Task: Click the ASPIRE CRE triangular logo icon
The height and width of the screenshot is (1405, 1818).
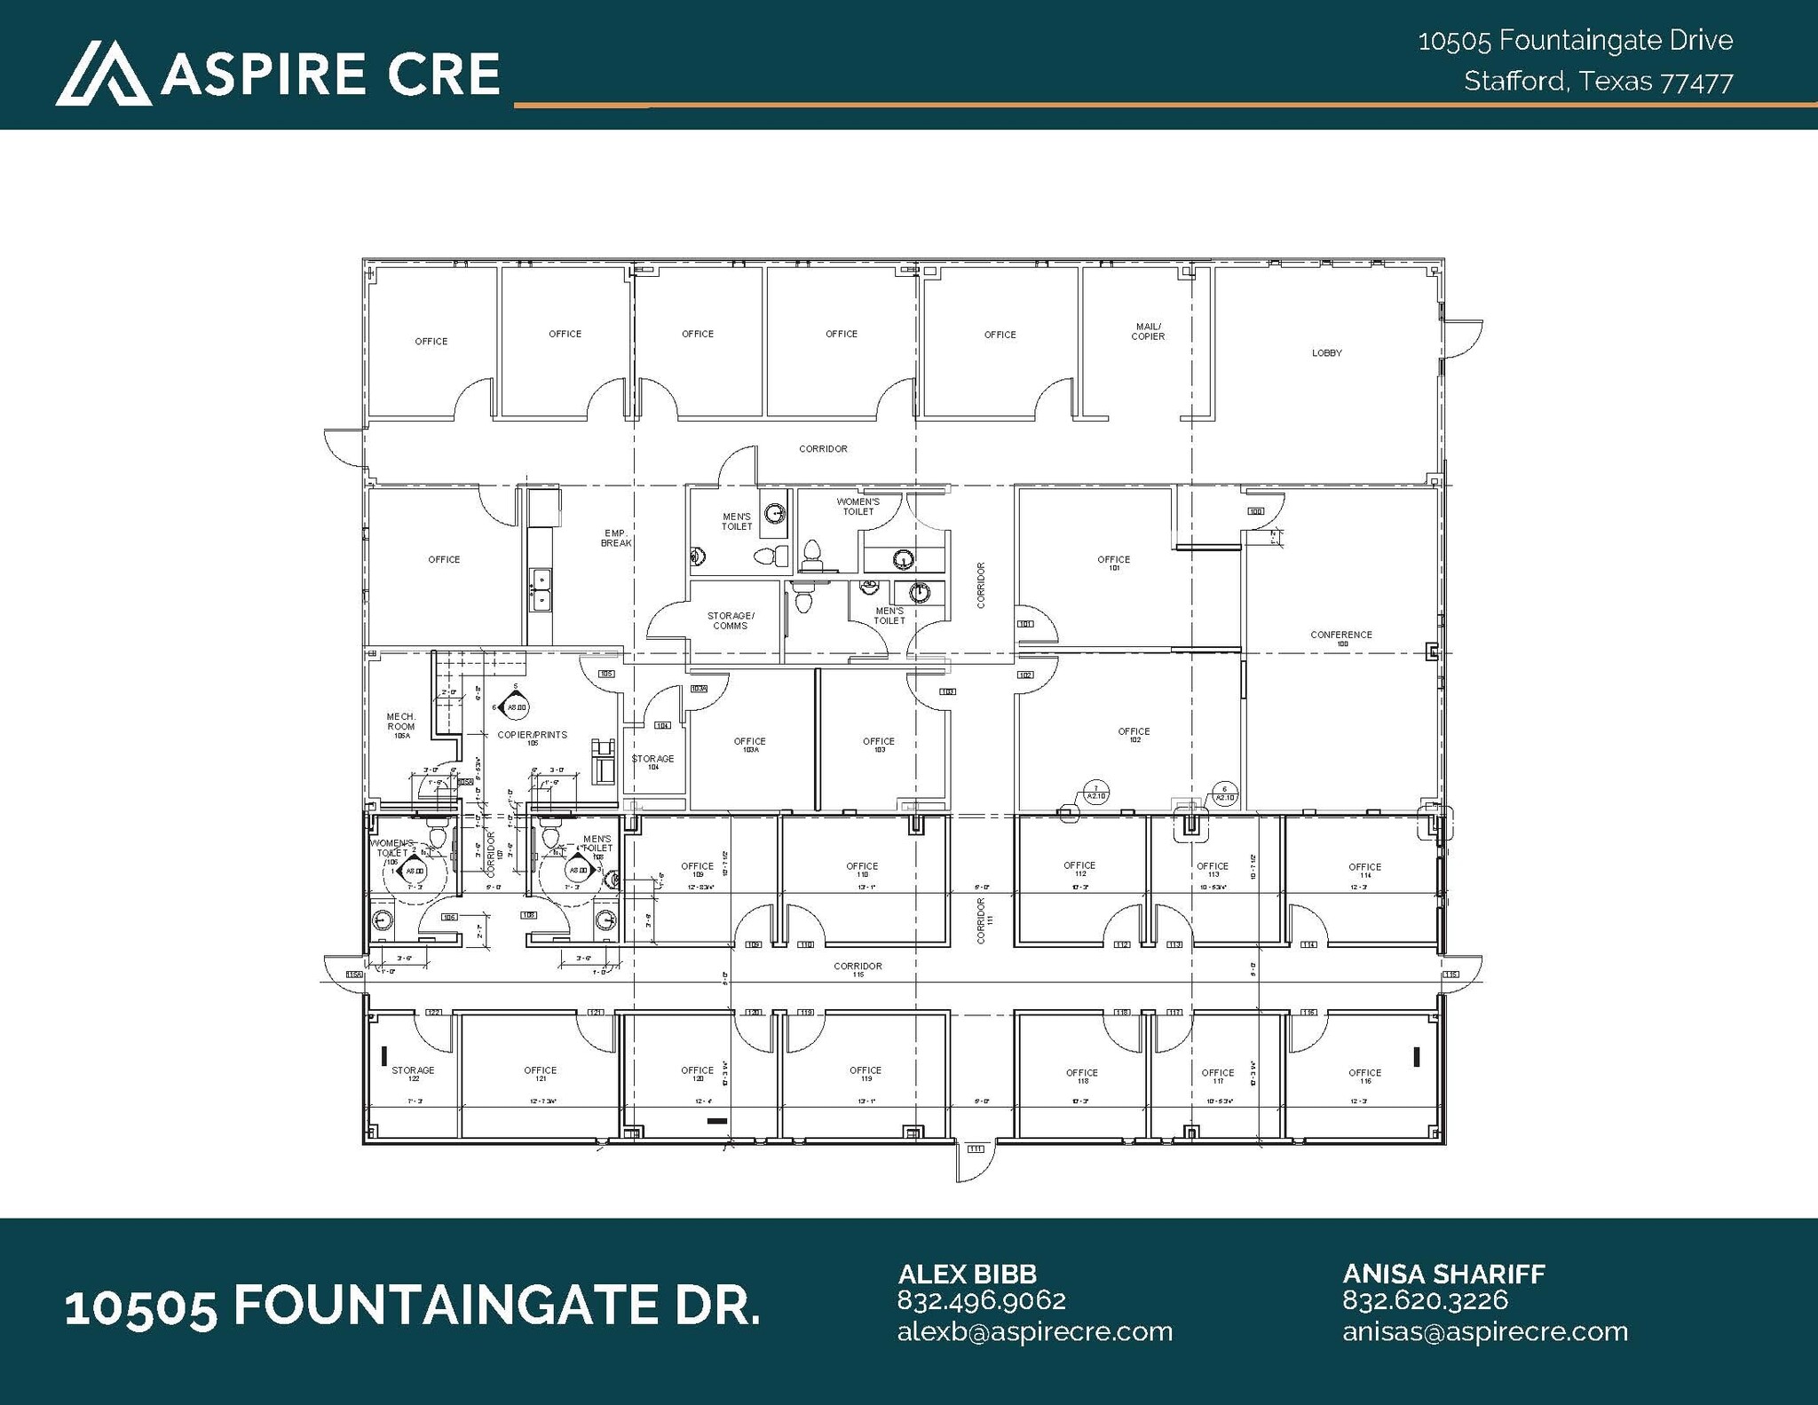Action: [103, 73]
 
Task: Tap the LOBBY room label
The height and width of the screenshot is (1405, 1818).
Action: [1326, 353]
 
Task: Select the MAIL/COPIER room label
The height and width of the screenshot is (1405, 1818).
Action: [1147, 332]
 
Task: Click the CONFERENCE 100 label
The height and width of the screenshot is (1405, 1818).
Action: [1340, 637]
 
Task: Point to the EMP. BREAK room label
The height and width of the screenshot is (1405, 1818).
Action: [616, 539]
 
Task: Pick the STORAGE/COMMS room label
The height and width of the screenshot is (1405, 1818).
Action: [731, 620]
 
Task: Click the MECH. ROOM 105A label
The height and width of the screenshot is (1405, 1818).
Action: [400, 724]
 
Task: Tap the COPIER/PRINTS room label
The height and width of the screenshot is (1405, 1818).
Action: [532, 737]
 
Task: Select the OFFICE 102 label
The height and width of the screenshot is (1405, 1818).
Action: [1134, 735]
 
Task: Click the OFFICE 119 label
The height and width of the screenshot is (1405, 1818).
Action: [865, 1074]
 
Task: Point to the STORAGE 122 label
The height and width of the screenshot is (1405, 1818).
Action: [413, 1074]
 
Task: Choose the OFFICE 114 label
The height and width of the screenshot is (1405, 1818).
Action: [1364, 870]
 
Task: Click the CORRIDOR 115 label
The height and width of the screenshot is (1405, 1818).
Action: [858, 968]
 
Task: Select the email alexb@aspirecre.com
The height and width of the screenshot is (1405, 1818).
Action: [1034, 1331]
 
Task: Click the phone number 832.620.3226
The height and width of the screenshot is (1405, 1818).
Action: [1425, 1300]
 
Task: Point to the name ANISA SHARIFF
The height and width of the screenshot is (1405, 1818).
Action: [1443, 1274]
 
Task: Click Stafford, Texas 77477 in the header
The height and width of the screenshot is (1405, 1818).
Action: [1598, 82]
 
